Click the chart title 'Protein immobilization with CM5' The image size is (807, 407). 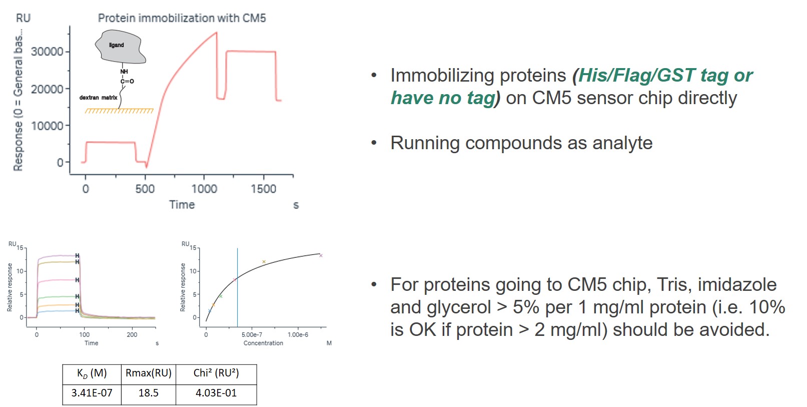click(182, 18)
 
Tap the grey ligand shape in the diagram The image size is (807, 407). click(121, 47)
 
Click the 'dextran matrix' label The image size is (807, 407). click(99, 98)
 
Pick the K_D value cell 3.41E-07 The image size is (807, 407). click(92, 392)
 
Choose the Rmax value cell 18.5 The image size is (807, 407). click(149, 392)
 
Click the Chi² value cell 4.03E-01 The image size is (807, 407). click(216, 392)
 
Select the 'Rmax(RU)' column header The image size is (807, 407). click(149, 373)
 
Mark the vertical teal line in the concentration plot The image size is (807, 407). click(238, 287)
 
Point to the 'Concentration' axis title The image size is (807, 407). click(263, 343)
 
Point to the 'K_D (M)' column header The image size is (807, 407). click(92, 373)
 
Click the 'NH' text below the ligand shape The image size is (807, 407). click(124, 72)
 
